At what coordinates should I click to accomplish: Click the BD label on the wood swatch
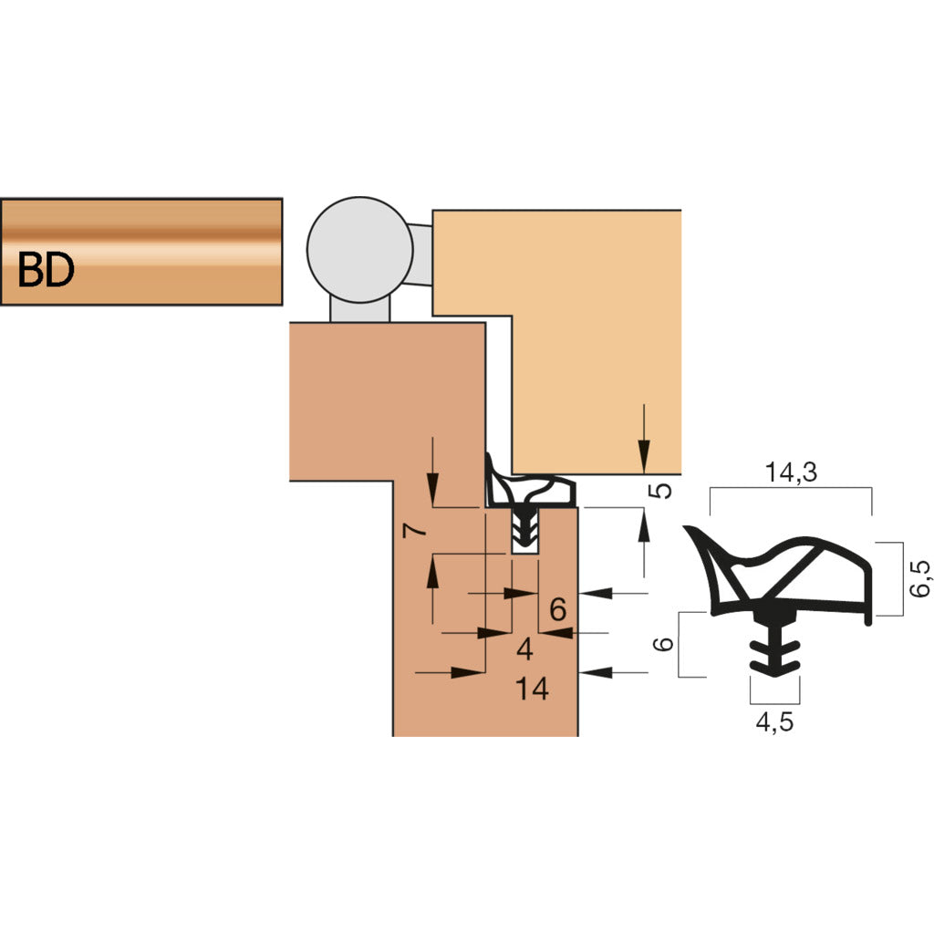(x=45, y=271)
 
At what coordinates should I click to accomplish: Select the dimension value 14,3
(x=791, y=472)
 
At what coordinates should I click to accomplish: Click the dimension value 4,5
(x=773, y=723)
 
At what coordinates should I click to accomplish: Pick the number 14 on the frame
(x=532, y=690)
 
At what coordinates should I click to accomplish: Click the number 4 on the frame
(x=524, y=649)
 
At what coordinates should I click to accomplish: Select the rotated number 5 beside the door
(x=664, y=490)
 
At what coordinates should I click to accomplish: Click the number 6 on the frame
(x=558, y=608)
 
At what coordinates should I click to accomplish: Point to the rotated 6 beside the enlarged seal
(x=665, y=643)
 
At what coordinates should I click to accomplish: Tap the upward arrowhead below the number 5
(x=644, y=523)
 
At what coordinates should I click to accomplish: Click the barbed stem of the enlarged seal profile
(x=773, y=648)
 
